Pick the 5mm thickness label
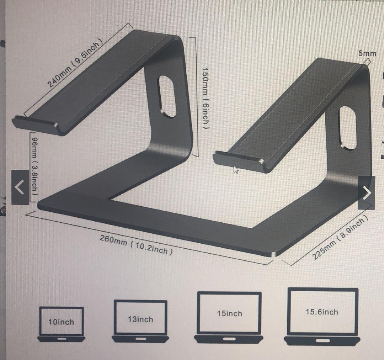pos(367,54)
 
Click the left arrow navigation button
pos(20,187)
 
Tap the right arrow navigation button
pos(366,192)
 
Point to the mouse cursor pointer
pos(236,169)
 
